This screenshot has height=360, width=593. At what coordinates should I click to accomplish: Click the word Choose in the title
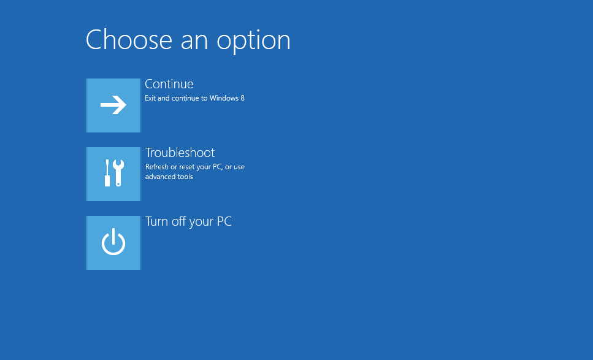coord(129,40)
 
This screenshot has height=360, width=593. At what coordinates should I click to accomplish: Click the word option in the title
coord(253,42)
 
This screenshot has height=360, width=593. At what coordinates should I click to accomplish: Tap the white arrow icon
coord(113,105)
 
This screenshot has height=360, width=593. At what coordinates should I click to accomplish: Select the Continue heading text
coord(169,84)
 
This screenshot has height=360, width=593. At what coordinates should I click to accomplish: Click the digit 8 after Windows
coord(242,98)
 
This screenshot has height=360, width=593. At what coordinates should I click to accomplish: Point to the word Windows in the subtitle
coord(224,98)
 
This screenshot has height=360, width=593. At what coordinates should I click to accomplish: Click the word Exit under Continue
coord(150,98)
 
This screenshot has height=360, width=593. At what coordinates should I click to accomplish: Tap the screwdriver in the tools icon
coord(107,173)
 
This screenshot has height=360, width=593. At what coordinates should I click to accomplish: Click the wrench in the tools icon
coord(118,173)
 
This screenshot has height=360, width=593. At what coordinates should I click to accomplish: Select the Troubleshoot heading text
coord(180,153)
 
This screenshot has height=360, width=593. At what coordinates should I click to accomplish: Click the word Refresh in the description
coord(156,167)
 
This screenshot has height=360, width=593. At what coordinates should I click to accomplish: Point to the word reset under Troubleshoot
coord(186,167)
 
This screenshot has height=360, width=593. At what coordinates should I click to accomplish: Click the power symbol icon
coord(113,242)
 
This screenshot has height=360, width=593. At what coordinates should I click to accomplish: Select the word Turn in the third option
coord(156,221)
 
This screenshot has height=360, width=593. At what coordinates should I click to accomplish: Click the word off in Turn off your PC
coord(178,221)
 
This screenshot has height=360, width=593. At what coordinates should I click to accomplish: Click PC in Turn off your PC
coord(224,221)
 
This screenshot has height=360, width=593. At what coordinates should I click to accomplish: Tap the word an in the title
coord(194,41)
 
